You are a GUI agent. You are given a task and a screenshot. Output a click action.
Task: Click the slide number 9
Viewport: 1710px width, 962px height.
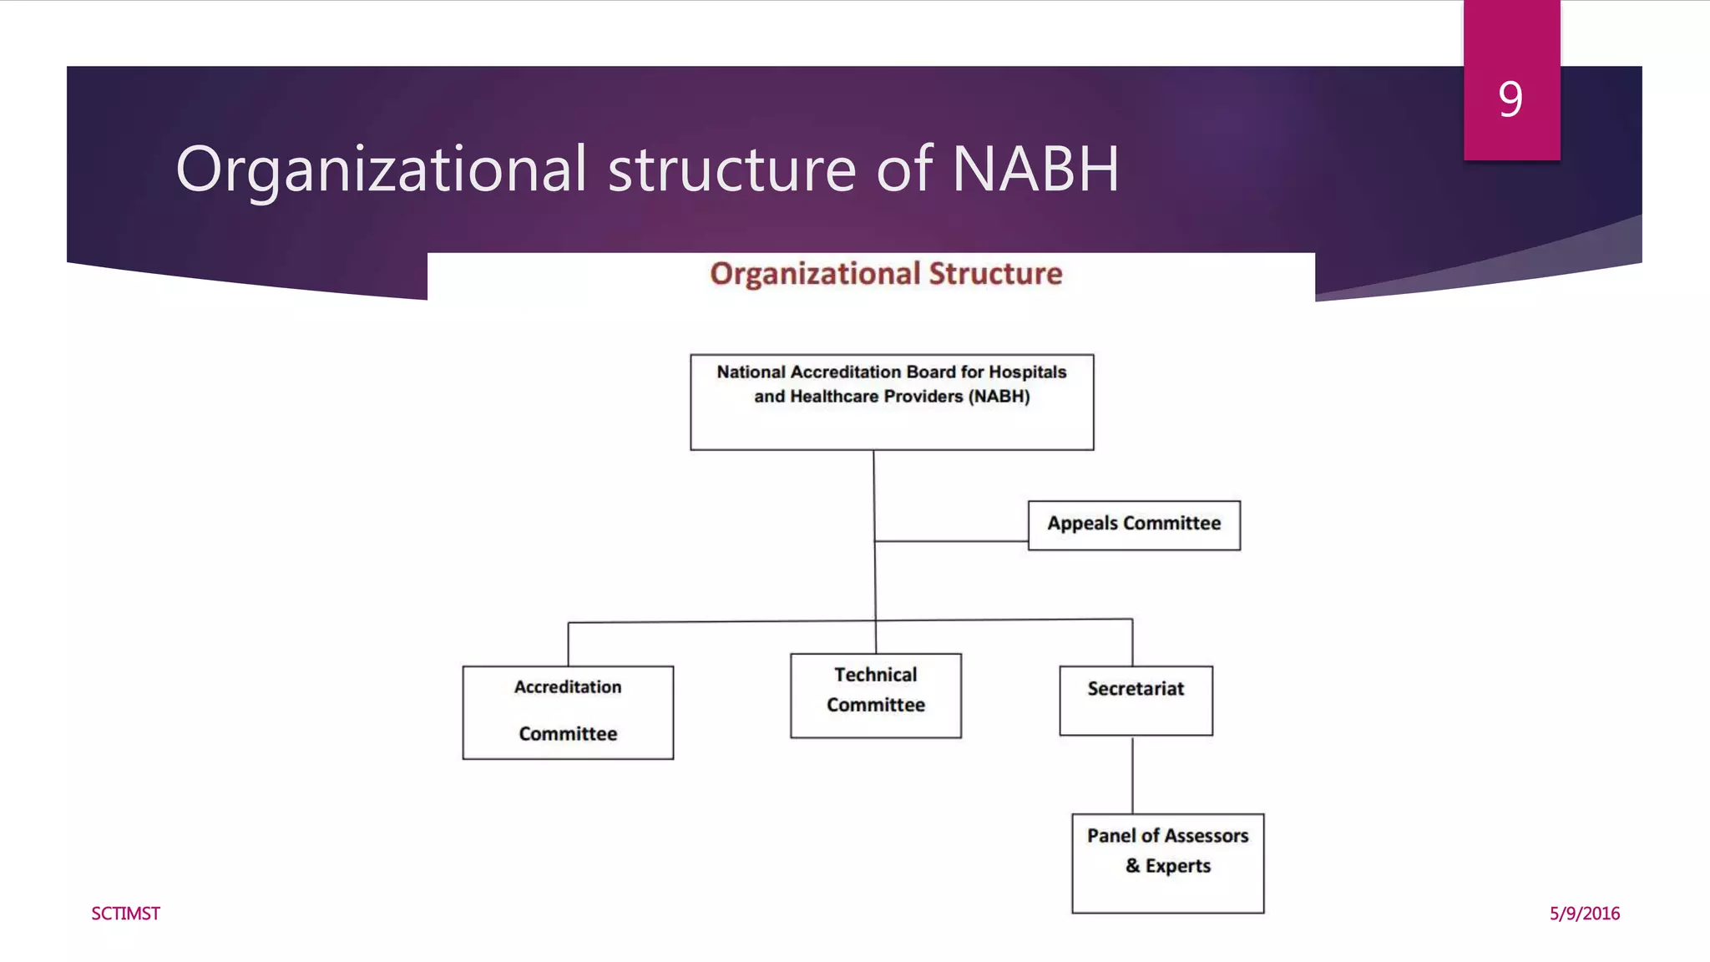(x=1510, y=99)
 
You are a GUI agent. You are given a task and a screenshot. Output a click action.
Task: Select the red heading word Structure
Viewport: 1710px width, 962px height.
(x=995, y=274)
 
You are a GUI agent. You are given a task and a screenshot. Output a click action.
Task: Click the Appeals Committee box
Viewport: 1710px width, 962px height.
(x=1134, y=525)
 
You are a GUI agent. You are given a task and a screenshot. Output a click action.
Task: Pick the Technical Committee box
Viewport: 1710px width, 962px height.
(x=875, y=695)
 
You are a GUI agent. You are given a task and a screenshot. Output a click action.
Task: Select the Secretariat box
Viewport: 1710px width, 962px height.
(x=1136, y=700)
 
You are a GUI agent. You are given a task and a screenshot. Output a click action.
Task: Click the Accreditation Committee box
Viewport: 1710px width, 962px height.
(x=568, y=711)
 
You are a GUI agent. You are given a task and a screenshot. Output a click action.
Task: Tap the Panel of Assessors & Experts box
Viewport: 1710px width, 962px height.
(x=1167, y=863)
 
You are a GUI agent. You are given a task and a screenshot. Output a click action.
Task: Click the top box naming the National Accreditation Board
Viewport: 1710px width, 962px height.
(x=892, y=402)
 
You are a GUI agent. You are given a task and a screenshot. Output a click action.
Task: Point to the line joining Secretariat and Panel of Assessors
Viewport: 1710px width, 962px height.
(x=1132, y=774)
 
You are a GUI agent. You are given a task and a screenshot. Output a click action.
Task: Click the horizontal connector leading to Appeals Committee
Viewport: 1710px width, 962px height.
(x=952, y=541)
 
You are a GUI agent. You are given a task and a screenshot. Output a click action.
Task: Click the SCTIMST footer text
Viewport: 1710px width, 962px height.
(x=125, y=914)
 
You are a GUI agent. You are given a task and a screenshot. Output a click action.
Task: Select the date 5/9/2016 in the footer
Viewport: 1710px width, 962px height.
(x=1584, y=914)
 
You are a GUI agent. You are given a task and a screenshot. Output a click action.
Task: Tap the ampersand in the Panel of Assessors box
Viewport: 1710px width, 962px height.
(x=1132, y=866)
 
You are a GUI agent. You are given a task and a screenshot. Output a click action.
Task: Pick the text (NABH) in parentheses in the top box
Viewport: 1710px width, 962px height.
(x=999, y=397)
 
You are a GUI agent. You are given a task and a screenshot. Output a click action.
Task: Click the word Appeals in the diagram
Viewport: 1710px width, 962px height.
(x=1082, y=524)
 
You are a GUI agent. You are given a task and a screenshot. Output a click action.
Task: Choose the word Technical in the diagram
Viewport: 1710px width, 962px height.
(x=875, y=675)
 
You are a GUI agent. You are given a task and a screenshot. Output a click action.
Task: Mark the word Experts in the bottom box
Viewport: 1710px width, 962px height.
(x=1177, y=866)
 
